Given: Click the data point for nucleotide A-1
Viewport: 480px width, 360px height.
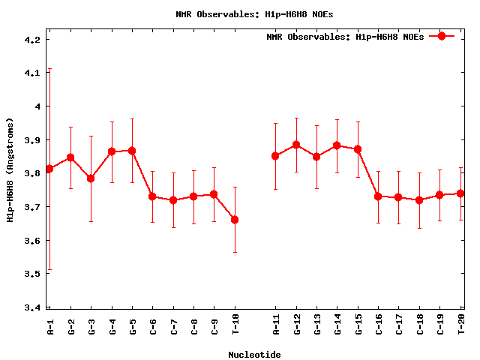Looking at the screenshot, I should click(49, 169).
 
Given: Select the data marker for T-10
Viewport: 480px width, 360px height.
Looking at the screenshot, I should click(235, 220).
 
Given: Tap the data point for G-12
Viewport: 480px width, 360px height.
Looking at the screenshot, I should click(296, 145).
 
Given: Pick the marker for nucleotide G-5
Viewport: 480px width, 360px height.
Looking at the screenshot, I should click(132, 151).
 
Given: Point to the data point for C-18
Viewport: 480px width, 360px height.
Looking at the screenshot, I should click(419, 200).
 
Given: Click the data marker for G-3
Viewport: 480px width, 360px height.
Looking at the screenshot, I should click(91, 178).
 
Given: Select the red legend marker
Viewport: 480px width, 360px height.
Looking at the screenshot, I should click(442, 36).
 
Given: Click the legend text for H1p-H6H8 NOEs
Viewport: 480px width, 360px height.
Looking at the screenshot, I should click(345, 37).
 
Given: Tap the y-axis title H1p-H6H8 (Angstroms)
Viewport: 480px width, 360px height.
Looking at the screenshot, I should click(10, 170).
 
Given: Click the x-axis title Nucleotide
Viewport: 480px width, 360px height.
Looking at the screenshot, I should click(255, 355).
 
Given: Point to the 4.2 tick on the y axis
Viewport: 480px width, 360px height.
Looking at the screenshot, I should click(32, 40).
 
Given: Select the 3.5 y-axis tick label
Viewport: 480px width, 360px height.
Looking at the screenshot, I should click(32, 274).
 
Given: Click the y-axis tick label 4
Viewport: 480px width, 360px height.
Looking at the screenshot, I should click(37, 106).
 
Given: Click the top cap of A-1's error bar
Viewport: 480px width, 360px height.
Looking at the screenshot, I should click(49, 69).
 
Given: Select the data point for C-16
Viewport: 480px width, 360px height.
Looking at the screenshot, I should click(378, 196).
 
